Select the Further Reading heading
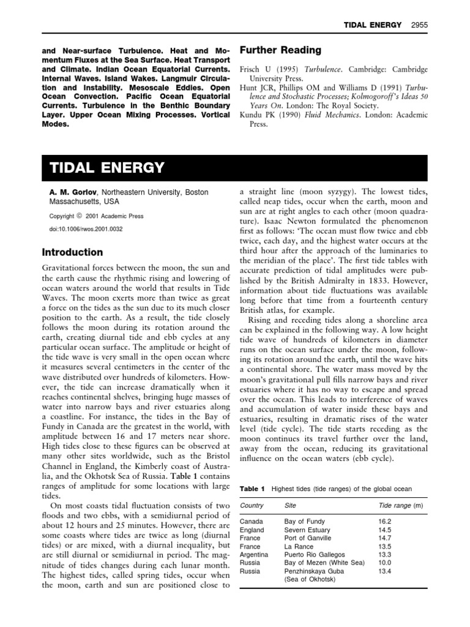tap(272, 50)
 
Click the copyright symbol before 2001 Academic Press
tap(79, 216)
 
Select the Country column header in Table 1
tap(252, 506)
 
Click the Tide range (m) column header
tap(401, 506)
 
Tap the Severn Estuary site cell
tap(307, 530)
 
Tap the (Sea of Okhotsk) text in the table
tap(310, 579)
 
